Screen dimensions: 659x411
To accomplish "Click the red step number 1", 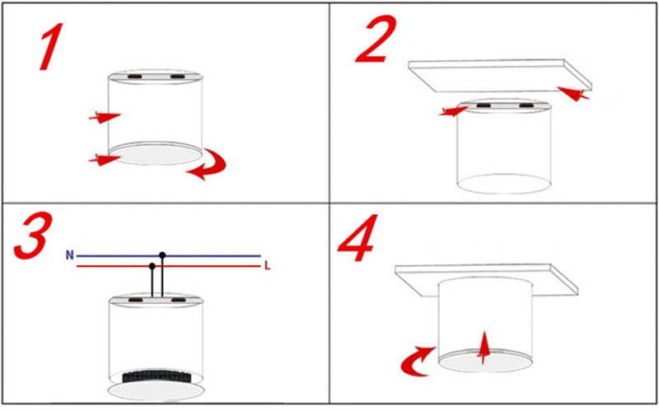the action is pyautogui.click(x=51, y=46).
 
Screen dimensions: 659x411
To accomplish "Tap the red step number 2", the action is pyautogui.click(x=376, y=39).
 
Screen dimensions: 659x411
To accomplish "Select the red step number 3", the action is pyautogui.click(x=33, y=235).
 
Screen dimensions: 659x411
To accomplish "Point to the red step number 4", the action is pyautogui.click(x=358, y=238).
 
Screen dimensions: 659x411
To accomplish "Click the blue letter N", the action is pyautogui.click(x=70, y=255).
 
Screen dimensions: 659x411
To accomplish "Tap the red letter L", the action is pyautogui.click(x=267, y=265).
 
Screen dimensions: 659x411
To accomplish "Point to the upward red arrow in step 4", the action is pyautogui.click(x=484, y=348).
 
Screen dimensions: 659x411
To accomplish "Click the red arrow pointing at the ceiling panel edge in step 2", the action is pyautogui.click(x=573, y=93).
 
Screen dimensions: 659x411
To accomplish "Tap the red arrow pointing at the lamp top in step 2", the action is pyautogui.click(x=454, y=111).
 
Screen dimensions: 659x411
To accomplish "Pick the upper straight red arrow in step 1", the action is pyautogui.click(x=105, y=117).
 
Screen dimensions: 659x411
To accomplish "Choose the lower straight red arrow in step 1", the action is pyautogui.click(x=105, y=160).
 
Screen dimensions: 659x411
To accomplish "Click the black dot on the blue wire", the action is pyautogui.click(x=162, y=255).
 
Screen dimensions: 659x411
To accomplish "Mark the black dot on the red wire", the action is pyautogui.click(x=152, y=266).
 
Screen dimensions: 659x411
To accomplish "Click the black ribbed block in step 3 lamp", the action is pyautogui.click(x=157, y=376).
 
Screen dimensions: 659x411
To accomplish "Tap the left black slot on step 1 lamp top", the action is pyautogui.click(x=135, y=77).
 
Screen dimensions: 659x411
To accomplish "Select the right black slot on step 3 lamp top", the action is pyautogui.click(x=178, y=300).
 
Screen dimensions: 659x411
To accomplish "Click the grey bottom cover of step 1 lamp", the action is pyautogui.click(x=155, y=153).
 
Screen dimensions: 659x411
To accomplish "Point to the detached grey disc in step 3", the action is pyautogui.click(x=157, y=390).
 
